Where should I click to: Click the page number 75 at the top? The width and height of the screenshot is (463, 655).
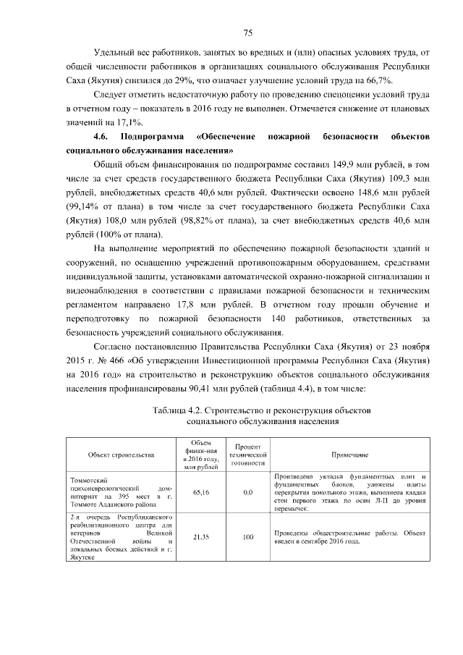247,33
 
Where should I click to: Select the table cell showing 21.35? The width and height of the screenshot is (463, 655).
201,538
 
